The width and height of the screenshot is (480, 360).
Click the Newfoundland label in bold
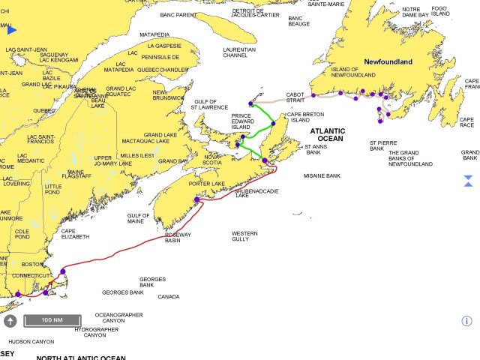click(x=388, y=61)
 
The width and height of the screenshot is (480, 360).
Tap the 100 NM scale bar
click(x=52, y=321)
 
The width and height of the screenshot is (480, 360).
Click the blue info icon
click(x=466, y=321)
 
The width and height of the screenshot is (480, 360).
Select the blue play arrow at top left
click(x=12, y=30)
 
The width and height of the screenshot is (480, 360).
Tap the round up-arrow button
click(x=10, y=321)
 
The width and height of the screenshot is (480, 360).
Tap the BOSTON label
click(x=33, y=264)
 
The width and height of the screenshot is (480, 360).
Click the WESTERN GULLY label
click(x=244, y=236)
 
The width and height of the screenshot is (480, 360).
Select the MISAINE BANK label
click(x=322, y=175)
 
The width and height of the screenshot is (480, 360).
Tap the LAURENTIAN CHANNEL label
click(x=239, y=53)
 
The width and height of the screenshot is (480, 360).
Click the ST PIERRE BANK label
click(x=382, y=145)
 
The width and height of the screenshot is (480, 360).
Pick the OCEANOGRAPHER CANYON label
click(x=118, y=318)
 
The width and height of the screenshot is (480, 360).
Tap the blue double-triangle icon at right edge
click(x=468, y=180)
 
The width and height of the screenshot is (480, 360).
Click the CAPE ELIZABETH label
click(x=75, y=233)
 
